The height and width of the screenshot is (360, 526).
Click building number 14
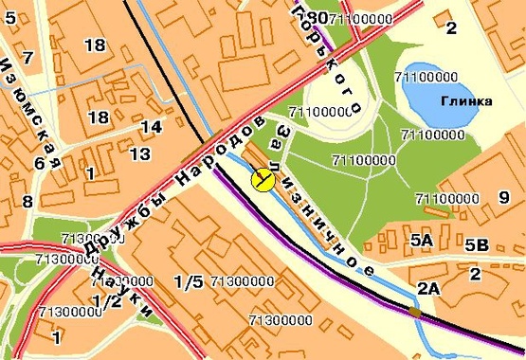(x=151, y=128)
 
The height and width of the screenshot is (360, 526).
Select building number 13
(x=140, y=153)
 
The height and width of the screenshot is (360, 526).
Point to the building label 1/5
(x=189, y=281)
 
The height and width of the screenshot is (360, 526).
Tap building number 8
(x=27, y=201)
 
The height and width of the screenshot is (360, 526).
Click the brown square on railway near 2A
(x=414, y=311)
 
